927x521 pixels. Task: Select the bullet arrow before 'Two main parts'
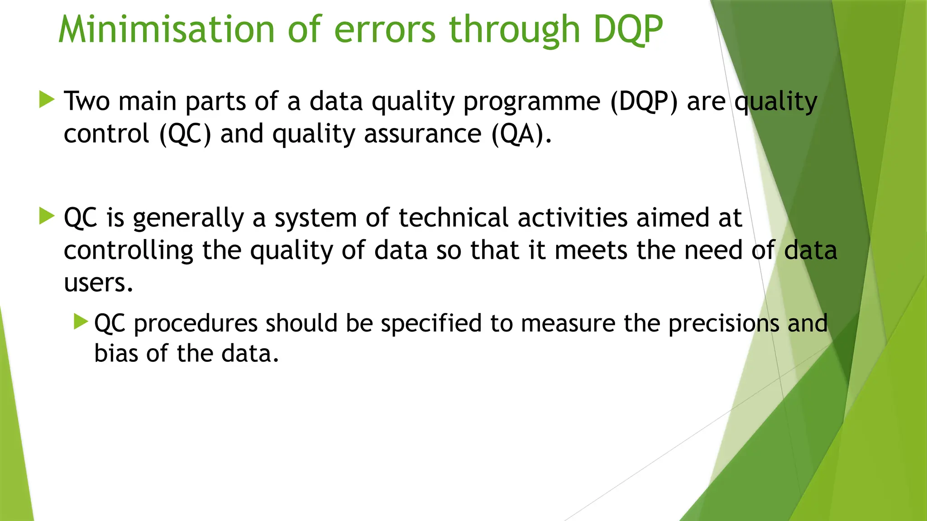pyautogui.click(x=47, y=99)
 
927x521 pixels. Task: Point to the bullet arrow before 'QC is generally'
pyautogui.click(x=47, y=216)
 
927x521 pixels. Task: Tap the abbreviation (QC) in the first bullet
pyautogui.click(x=185, y=134)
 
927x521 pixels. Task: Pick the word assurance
pyautogui.click(x=422, y=134)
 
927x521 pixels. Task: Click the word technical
pyautogui.click(x=454, y=218)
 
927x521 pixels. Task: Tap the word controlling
pyautogui.click(x=129, y=251)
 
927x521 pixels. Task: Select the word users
pyautogui.click(x=98, y=283)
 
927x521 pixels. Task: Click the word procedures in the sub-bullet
pyautogui.click(x=196, y=324)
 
